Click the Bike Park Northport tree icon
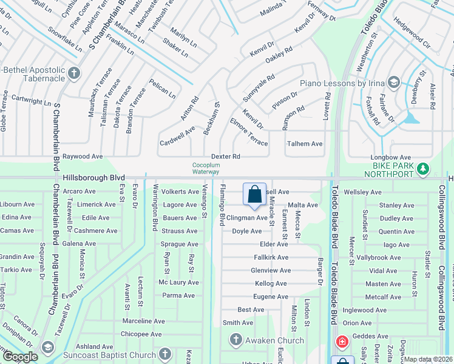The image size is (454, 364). coord(424,168)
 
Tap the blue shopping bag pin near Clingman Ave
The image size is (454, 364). coord(254,194)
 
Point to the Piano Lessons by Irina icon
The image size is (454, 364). coord(393,82)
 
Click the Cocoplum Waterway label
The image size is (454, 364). coord(205,168)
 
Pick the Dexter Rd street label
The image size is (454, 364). coord(226,157)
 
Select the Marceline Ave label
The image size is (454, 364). coord(143,321)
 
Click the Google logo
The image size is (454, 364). coord(20,357)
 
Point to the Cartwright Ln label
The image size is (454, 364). coord(31,100)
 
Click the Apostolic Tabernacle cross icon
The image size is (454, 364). coord(74,73)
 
